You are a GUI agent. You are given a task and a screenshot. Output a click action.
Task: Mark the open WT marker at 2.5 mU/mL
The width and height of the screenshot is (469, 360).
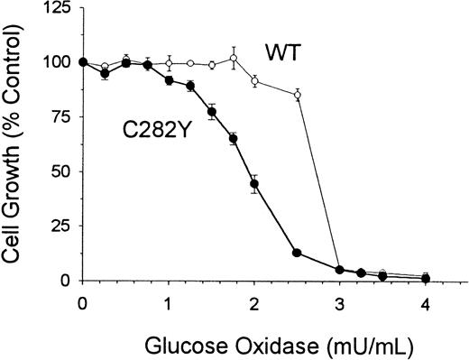[298, 95]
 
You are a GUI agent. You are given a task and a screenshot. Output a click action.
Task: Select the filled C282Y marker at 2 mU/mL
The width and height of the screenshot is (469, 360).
[254, 183]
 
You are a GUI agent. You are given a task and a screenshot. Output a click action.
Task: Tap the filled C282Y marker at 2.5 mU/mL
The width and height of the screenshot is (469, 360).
[298, 253]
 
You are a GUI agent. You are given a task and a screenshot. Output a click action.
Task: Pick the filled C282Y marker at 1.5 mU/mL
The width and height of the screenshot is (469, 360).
[212, 112]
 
